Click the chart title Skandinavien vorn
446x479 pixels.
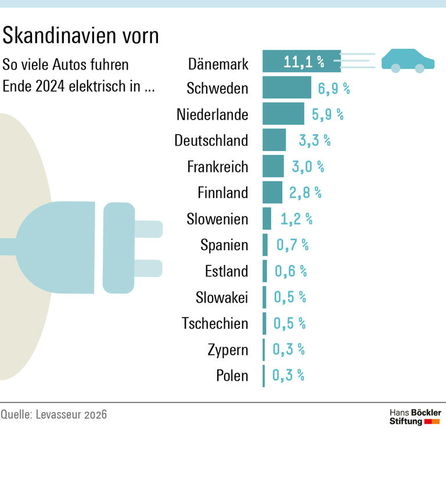point(81,36)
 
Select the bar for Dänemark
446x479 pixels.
point(301,61)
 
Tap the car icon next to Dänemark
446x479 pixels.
point(408,60)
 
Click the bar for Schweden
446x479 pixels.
point(286,88)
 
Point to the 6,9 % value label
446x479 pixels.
point(334,89)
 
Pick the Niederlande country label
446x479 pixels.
point(212,114)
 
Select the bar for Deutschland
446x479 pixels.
point(274,140)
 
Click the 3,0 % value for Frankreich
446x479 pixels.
point(308,167)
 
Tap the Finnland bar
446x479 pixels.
point(272,192)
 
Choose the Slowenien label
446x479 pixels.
point(217,219)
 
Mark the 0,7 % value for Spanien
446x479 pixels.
point(292,245)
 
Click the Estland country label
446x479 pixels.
point(226,271)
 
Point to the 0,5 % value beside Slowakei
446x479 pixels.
point(290,297)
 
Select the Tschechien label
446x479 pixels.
point(215,323)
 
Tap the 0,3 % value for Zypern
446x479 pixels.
point(289,350)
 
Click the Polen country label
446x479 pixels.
point(232,376)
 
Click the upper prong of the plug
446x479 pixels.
point(148,229)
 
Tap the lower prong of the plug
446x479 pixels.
point(148,268)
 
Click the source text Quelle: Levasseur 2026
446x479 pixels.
point(54,415)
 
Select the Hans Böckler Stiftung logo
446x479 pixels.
point(415,417)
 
